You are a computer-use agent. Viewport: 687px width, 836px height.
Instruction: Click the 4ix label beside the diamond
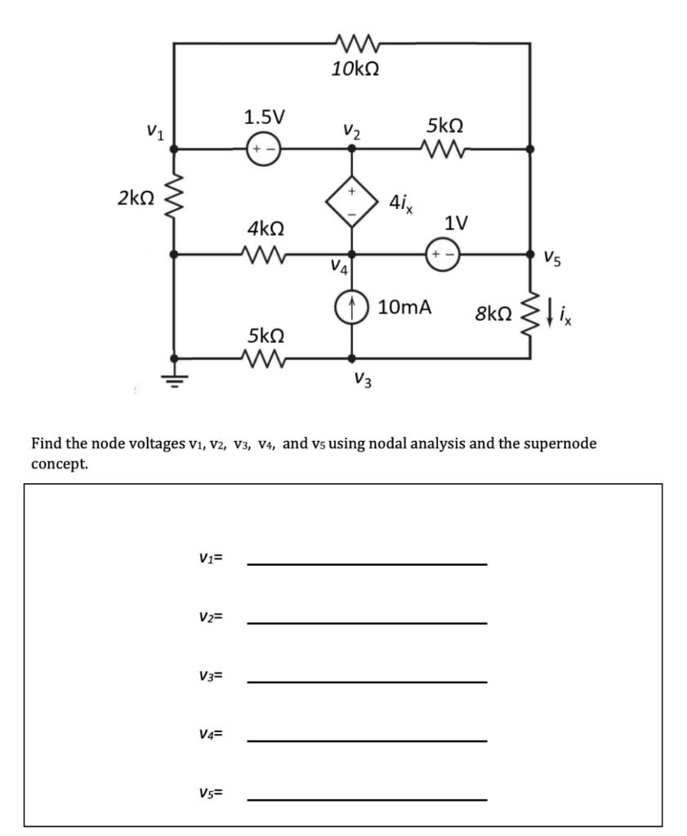click(x=401, y=202)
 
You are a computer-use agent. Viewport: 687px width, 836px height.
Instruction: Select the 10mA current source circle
click(x=352, y=309)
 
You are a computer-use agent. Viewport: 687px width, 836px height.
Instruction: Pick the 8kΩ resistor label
click(x=494, y=313)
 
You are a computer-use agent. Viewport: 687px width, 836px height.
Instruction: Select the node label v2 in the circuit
click(x=353, y=131)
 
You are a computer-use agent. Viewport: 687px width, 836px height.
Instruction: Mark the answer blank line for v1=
click(x=367, y=563)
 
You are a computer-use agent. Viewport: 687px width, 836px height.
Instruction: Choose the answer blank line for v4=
click(x=367, y=740)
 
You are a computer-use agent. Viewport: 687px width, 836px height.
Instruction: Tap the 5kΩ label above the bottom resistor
click(x=265, y=335)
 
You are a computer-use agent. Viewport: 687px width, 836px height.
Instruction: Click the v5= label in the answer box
click(x=211, y=792)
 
